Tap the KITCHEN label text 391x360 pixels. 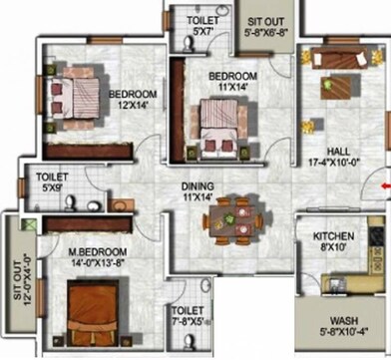click(x=332, y=236)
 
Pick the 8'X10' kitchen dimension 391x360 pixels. click(x=332, y=247)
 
